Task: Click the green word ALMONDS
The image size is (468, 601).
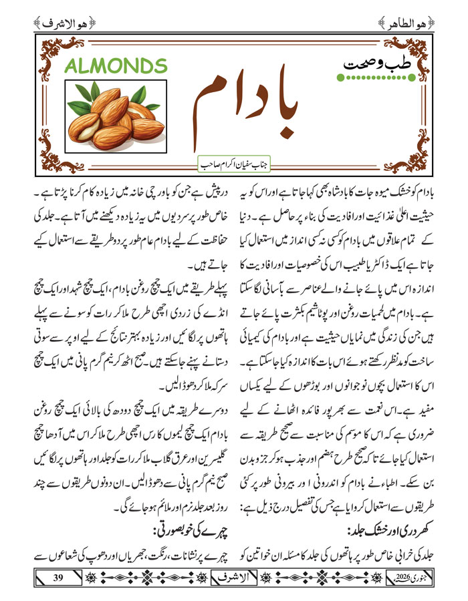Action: (116, 66)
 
